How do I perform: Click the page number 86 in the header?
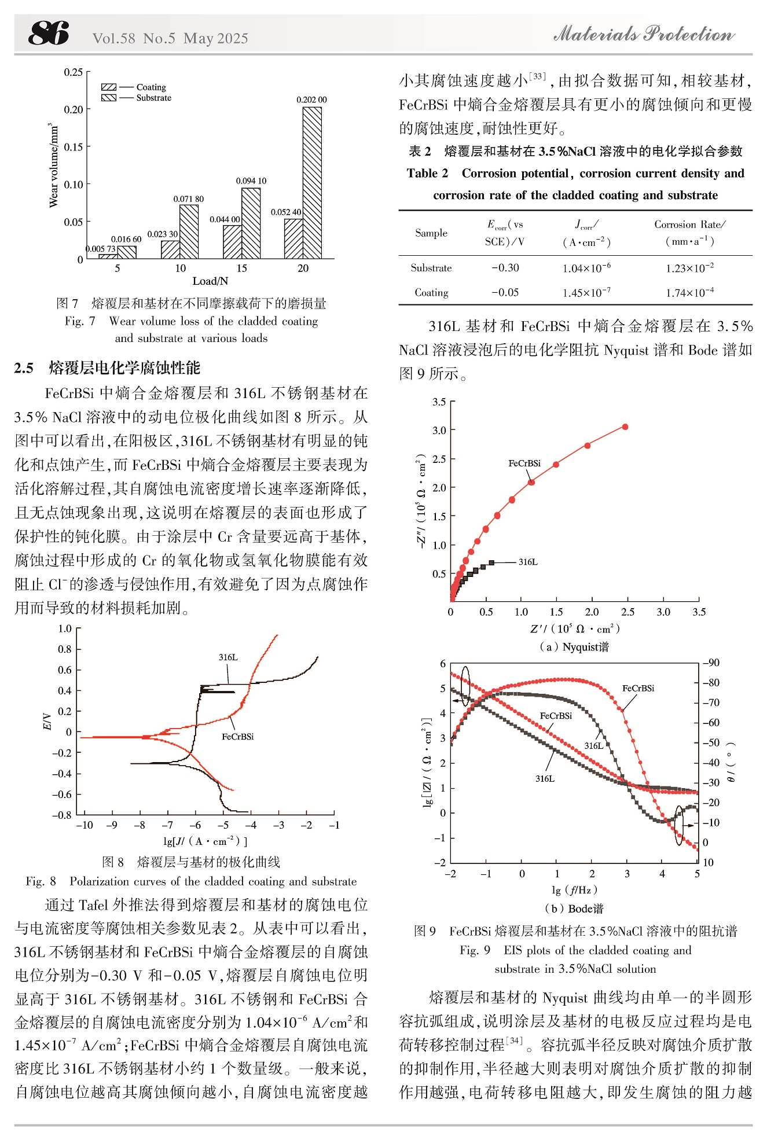(49, 33)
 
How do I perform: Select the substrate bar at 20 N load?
(313, 183)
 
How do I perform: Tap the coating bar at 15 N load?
(232, 242)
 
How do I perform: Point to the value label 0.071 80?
(189, 199)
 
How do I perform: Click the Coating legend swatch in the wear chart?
(109, 87)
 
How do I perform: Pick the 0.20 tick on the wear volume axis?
(74, 109)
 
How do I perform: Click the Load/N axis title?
(210, 281)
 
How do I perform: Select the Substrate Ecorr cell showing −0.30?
(505, 268)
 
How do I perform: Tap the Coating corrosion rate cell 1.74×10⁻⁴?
(689, 292)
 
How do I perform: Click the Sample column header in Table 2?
(431, 233)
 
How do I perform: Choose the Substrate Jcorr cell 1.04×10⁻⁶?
(586, 267)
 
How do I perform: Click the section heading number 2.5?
(24, 368)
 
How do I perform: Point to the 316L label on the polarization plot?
(228, 657)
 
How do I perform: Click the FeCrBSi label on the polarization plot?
(238, 737)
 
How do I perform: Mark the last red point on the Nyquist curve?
(625, 427)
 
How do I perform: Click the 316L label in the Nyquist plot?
(528, 562)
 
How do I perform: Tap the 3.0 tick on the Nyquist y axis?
(439, 430)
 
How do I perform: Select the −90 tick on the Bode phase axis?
(711, 663)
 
